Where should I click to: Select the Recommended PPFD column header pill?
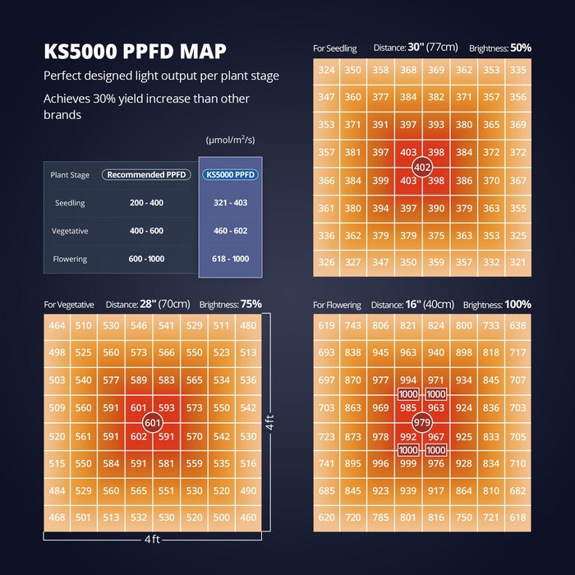click(146, 175)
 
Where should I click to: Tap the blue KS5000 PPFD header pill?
click(231, 175)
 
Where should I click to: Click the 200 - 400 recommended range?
click(146, 203)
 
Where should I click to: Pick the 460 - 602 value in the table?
click(231, 231)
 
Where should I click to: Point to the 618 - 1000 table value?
click(231, 259)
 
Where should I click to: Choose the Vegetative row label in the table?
click(70, 231)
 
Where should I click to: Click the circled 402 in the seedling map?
click(422, 167)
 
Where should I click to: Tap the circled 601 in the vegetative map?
click(152, 422)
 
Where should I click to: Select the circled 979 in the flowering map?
click(422, 422)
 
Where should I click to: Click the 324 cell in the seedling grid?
click(327, 71)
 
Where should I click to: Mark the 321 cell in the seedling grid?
click(517, 262)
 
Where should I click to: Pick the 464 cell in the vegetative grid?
click(57, 326)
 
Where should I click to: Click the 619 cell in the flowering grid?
click(327, 326)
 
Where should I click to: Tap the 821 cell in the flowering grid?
click(408, 326)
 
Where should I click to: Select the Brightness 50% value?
click(520, 48)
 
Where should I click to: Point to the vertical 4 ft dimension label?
click(269, 424)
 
